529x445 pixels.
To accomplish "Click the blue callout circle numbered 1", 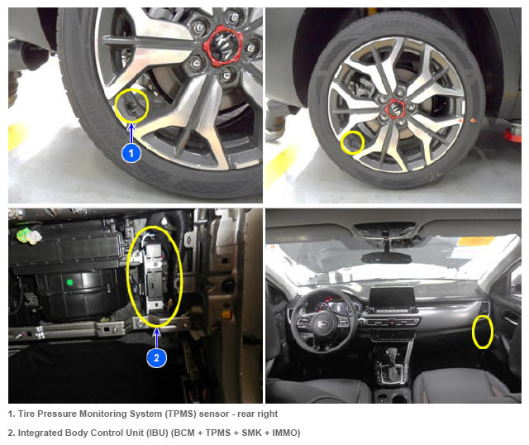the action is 131,153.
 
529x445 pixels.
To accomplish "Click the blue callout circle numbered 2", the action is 156,357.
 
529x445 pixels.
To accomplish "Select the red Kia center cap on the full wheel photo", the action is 395,109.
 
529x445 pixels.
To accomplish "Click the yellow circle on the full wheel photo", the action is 352,143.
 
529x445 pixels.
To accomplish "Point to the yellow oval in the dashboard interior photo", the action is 483,333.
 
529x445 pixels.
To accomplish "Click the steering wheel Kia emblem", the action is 322,324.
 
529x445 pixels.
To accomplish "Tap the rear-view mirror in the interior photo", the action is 386,258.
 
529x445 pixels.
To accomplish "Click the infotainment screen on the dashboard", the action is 392,297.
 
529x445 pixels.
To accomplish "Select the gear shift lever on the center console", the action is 391,360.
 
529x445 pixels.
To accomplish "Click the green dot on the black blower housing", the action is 69,282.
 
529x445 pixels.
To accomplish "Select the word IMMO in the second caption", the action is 285,433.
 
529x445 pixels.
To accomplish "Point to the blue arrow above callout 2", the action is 156,337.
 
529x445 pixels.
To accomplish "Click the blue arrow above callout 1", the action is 131,134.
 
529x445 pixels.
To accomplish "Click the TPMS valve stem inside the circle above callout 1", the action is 131,106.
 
